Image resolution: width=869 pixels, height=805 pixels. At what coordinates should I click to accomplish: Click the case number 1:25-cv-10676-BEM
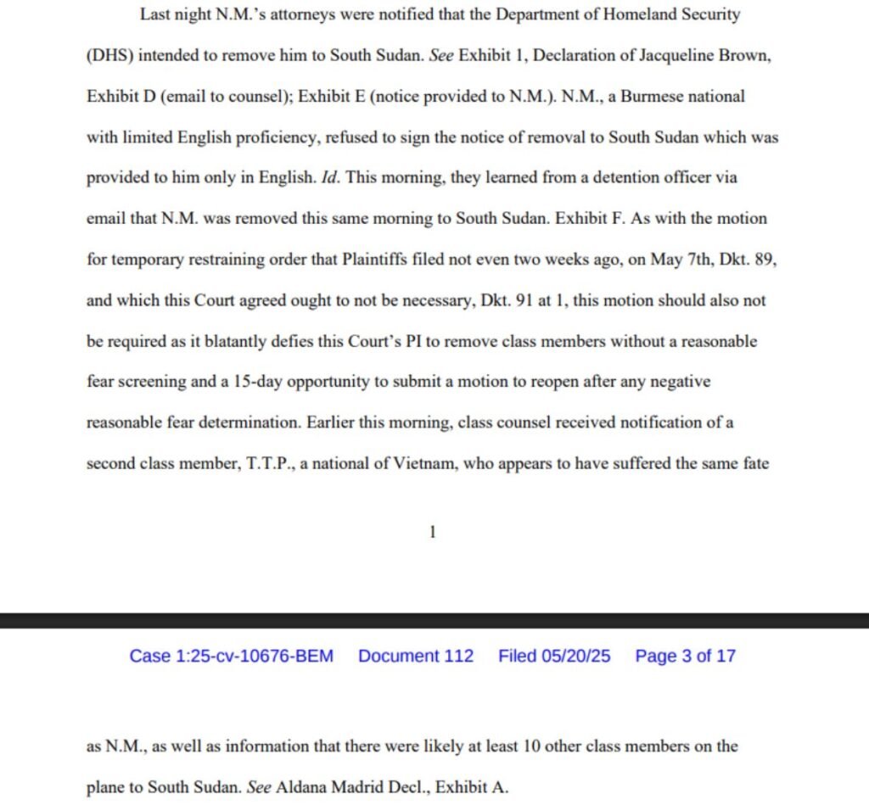click(x=231, y=656)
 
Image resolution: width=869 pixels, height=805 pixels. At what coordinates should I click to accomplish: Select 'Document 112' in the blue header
click(x=416, y=656)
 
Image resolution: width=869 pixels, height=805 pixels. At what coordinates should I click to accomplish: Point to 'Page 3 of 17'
click(x=685, y=656)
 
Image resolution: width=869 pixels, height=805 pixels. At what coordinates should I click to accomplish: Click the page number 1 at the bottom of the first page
click(x=433, y=533)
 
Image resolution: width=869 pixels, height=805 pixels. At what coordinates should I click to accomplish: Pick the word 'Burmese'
click(x=651, y=96)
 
